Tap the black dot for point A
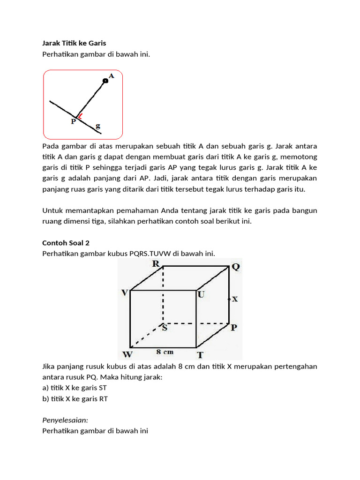point(105,81)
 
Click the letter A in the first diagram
point(112,75)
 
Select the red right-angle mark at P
point(81,116)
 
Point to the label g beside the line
point(98,126)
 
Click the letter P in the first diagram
point(73,121)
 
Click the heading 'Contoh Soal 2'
point(66,243)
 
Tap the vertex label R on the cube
point(156,264)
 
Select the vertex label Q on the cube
point(235,267)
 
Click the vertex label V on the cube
point(125,292)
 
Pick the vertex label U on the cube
point(201,294)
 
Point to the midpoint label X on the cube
point(235,299)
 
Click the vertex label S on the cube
point(165,328)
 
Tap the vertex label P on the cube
point(235,328)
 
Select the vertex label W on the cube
point(127,354)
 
